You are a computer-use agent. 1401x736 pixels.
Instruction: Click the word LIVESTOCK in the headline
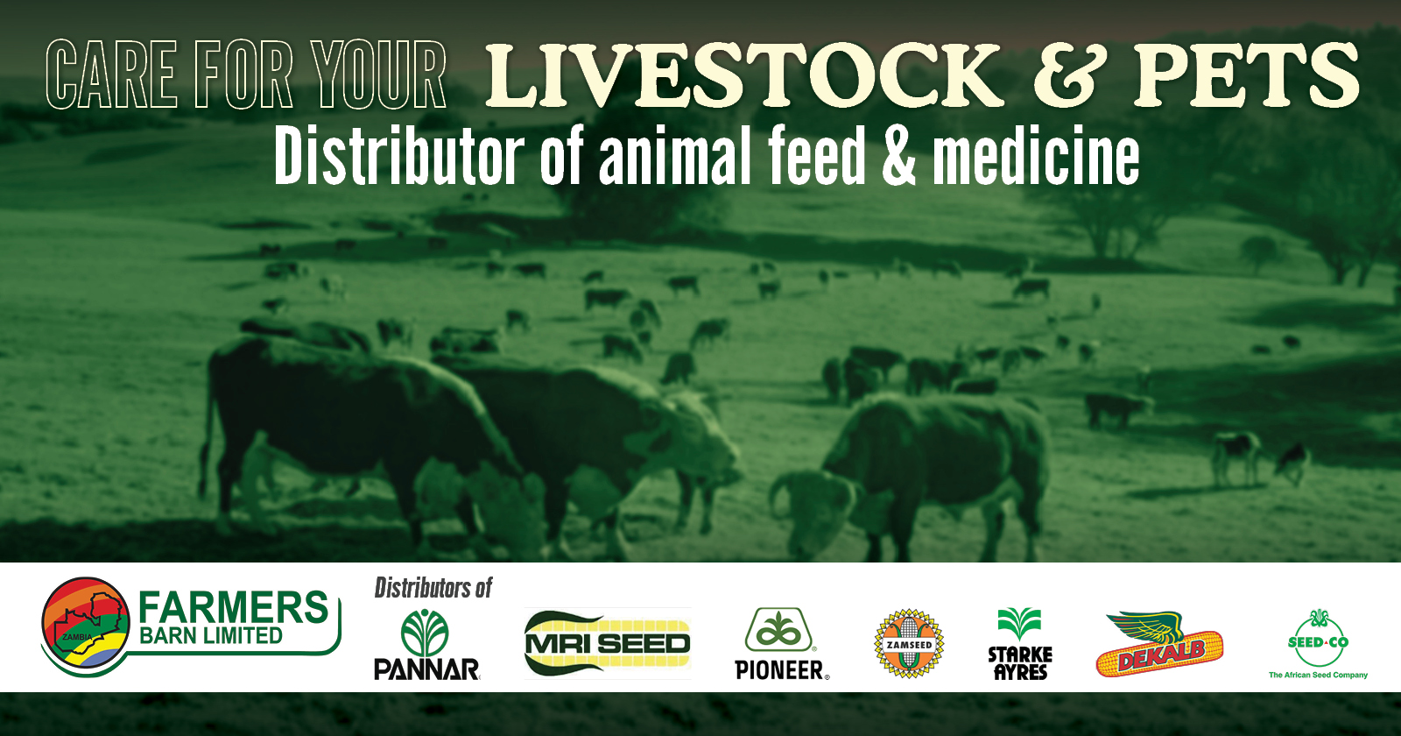(x=743, y=76)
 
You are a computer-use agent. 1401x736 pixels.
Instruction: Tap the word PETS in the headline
(x=1247, y=76)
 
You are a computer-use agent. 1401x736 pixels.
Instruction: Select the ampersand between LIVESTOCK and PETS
(x=1065, y=77)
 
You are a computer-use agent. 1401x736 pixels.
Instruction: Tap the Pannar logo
(x=426, y=646)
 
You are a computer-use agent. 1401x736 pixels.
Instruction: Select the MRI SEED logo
(x=608, y=643)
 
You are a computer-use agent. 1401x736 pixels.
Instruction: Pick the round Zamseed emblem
(x=910, y=644)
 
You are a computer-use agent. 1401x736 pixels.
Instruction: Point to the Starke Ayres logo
(x=1020, y=645)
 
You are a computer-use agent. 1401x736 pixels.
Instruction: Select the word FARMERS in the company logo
(x=233, y=607)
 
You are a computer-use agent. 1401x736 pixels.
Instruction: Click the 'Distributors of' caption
(x=433, y=587)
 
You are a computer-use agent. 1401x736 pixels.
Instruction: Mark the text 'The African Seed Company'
(x=1318, y=675)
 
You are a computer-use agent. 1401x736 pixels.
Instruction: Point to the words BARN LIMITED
(x=211, y=636)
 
